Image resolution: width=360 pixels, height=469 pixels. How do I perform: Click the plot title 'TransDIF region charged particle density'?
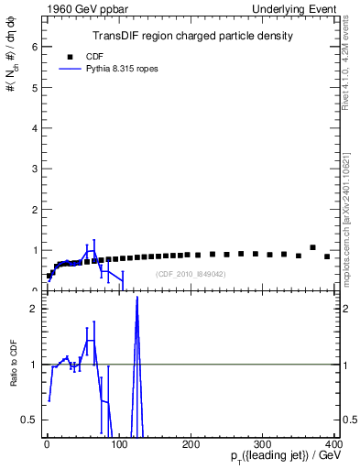pyautogui.click(x=192, y=36)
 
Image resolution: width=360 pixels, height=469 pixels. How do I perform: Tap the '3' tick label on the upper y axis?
pyautogui.click(x=35, y=168)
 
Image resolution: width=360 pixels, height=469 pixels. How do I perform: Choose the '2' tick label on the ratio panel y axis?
pyautogui.click(x=35, y=309)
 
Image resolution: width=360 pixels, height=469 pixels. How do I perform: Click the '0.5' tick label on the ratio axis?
pyautogui.click(x=30, y=420)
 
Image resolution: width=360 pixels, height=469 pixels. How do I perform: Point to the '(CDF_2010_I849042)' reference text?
pyautogui.click(x=191, y=274)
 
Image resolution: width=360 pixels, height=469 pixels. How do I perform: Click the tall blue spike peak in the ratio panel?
pyautogui.click(x=137, y=299)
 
